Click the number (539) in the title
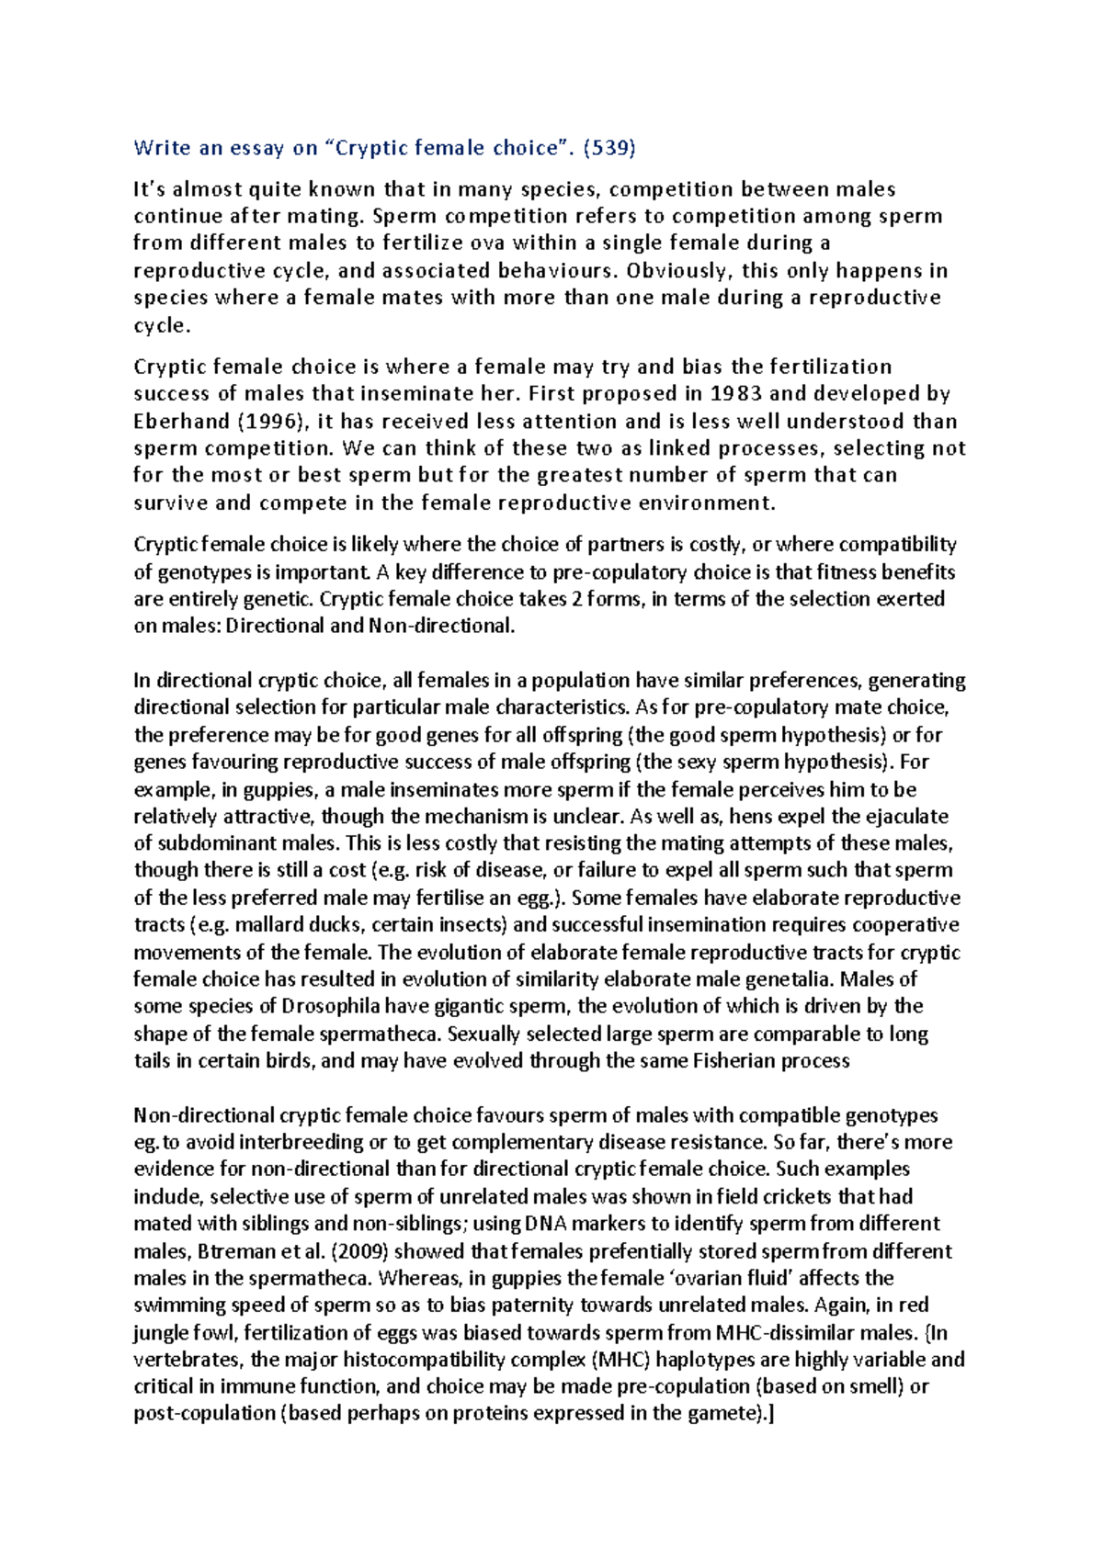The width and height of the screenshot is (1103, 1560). (609, 147)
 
